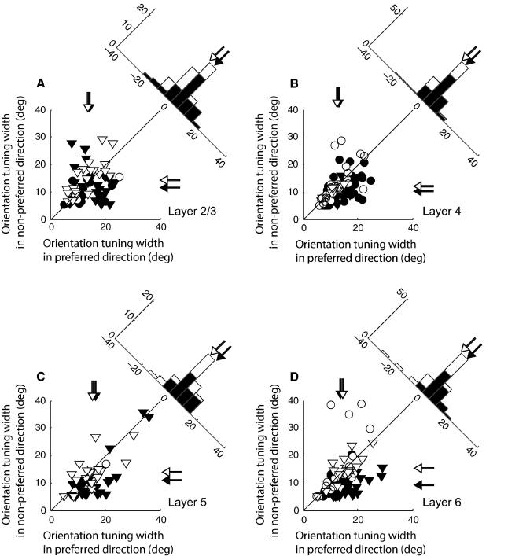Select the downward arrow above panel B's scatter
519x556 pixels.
338,98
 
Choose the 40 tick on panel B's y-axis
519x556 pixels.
293,110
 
